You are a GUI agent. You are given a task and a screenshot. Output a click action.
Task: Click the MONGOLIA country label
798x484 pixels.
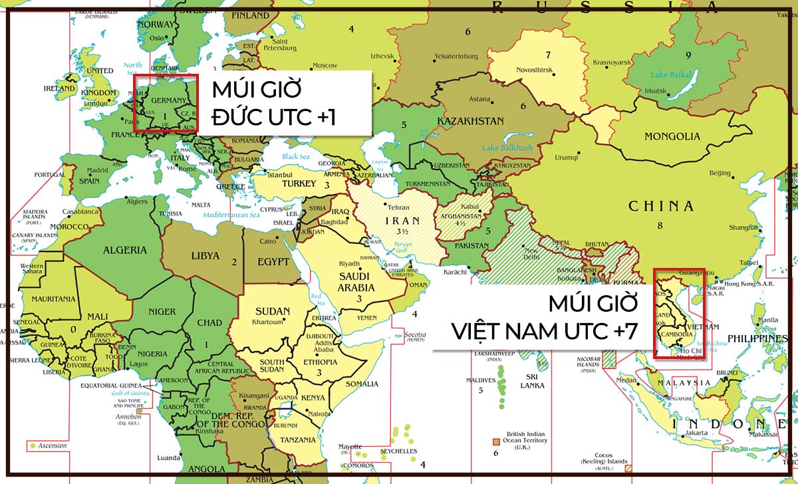672,136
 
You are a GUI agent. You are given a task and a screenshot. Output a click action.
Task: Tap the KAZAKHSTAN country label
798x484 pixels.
470,121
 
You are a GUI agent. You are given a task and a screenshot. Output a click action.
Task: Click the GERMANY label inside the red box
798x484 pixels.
164,100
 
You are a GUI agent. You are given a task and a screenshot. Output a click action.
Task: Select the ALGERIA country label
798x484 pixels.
124,250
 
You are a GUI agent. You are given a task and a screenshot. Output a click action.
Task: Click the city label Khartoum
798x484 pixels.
267,322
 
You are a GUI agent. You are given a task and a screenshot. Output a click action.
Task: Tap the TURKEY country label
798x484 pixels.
299,183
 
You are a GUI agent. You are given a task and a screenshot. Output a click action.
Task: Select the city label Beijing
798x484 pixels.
720,173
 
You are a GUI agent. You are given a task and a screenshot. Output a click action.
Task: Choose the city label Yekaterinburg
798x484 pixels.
456,57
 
